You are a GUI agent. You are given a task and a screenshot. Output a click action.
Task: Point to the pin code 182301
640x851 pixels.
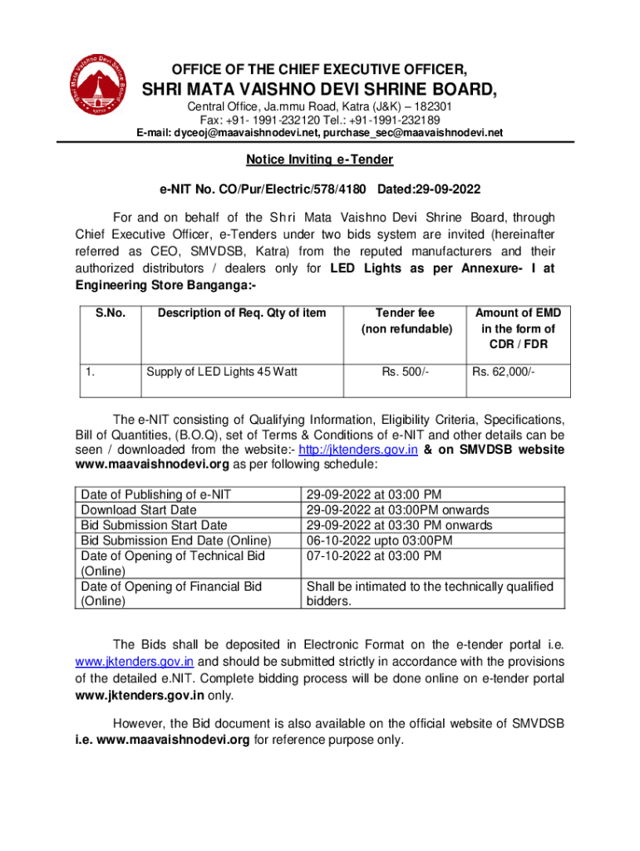coord(429,107)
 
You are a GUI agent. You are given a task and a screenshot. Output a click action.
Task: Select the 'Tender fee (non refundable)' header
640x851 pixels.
coord(406,321)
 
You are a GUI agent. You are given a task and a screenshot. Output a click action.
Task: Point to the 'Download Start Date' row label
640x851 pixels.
coord(138,509)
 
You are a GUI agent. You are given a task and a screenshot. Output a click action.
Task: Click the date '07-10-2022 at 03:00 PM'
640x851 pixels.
coord(374,555)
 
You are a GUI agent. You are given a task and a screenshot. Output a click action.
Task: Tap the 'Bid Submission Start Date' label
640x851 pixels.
coord(154,525)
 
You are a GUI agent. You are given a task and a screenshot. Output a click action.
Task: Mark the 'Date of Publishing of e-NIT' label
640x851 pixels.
coord(155,494)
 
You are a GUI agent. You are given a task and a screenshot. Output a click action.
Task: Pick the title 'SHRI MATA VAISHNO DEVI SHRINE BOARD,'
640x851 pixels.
coord(319,89)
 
